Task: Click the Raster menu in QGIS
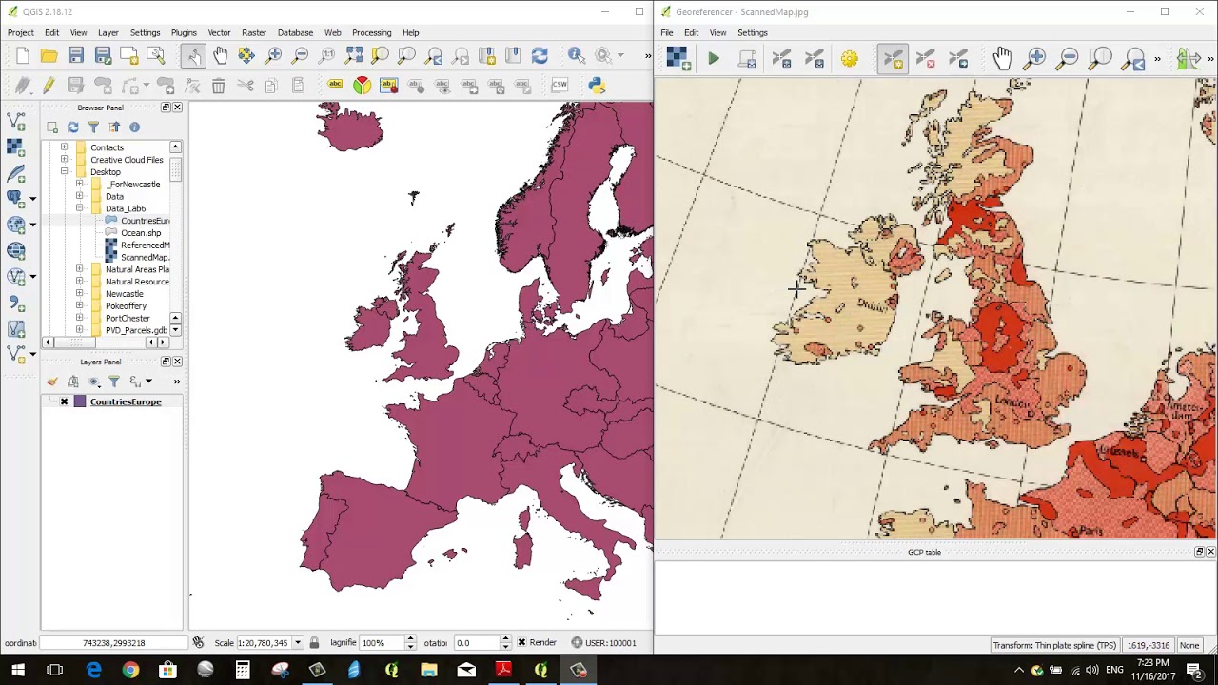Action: pos(253,32)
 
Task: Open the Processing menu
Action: pos(371,32)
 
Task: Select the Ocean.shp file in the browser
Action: pos(140,233)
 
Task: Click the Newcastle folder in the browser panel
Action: pos(124,294)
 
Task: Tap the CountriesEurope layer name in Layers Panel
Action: pos(126,401)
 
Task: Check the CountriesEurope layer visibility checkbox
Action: pos(64,401)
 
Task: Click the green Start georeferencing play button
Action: pos(713,59)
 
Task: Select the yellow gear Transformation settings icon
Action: pos(849,59)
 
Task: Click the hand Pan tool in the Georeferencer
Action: pos(1002,59)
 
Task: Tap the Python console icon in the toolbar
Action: pos(597,86)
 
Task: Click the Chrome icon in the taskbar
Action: pos(130,670)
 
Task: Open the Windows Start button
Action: pos(18,670)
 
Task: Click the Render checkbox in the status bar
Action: pos(521,643)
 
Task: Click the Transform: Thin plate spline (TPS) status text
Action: pos(1054,645)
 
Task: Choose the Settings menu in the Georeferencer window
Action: pos(752,32)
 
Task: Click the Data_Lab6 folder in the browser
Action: pos(125,208)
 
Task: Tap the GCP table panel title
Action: pos(924,552)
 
